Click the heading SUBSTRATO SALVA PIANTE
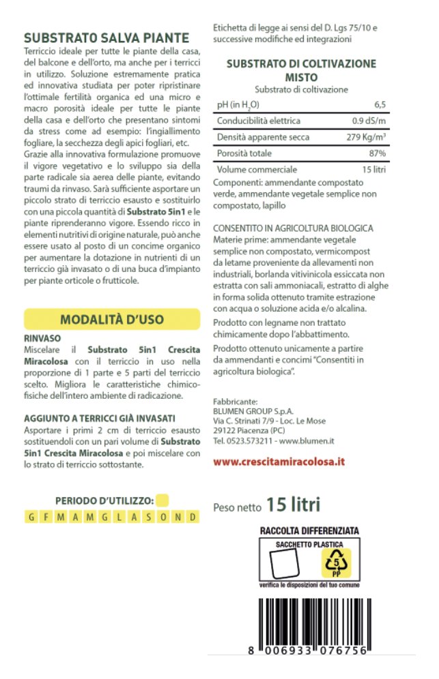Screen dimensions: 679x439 [106, 38]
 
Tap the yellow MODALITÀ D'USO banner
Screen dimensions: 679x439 [112, 320]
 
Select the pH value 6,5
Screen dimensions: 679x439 [380, 104]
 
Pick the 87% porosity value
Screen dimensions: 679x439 [377, 153]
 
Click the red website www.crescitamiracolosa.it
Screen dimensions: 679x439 [279, 462]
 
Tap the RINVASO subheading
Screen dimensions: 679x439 [42, 338]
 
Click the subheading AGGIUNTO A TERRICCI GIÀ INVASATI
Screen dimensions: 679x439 [100, 418]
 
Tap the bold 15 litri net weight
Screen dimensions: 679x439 [293, 505]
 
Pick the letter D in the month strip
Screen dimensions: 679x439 [193, 517]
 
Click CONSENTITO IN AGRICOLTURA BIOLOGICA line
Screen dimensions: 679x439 [293, 227]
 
